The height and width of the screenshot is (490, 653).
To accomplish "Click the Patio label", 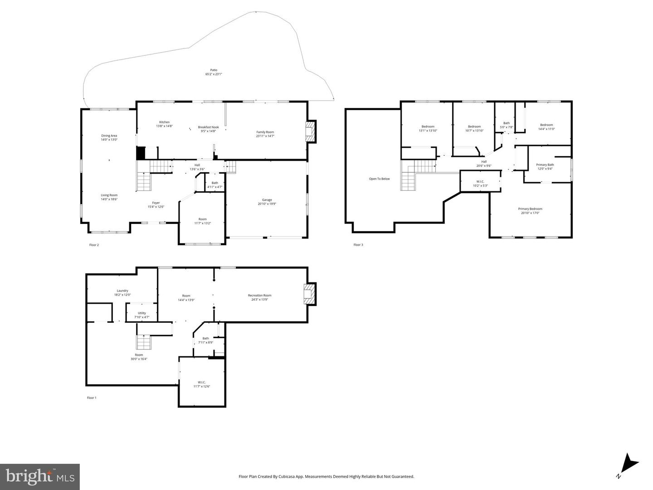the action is click(214, 70).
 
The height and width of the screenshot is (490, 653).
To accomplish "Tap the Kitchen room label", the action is click(164, 122).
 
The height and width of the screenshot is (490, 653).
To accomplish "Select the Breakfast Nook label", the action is click(208, 127).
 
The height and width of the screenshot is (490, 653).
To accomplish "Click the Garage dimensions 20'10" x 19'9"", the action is click(267, 204).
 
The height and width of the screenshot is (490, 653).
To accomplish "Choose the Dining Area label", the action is click(109, 136).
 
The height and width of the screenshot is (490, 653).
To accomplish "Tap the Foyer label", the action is click(156, 203).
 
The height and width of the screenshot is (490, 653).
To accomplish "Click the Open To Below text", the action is click(379, 179).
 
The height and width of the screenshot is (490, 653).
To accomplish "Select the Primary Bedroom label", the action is click(530, 209).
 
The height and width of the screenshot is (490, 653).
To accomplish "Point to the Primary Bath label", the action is click(545, 165).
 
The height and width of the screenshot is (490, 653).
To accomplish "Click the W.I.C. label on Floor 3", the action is click(480, 181).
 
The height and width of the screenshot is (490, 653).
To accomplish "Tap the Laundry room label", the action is click(122, 291).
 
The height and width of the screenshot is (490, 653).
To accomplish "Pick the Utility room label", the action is click(142, 313).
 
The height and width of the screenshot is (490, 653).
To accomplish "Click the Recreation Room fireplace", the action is click(309, 294).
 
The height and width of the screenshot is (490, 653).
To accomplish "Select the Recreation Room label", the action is click(259, 296).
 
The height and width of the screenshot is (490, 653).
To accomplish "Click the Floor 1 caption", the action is click(92, 398).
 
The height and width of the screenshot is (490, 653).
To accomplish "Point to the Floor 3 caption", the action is click(358, 245).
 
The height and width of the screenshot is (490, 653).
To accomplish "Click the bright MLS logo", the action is click(40, 477).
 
